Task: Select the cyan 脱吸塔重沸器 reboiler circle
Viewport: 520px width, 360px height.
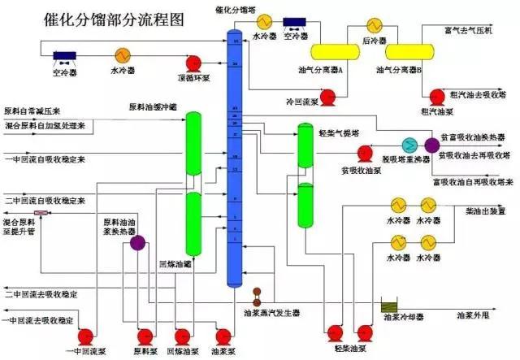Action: [410, 144]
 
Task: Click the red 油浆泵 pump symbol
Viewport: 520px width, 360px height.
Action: [222, 334]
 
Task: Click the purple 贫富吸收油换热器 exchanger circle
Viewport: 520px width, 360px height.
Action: [431, 144]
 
